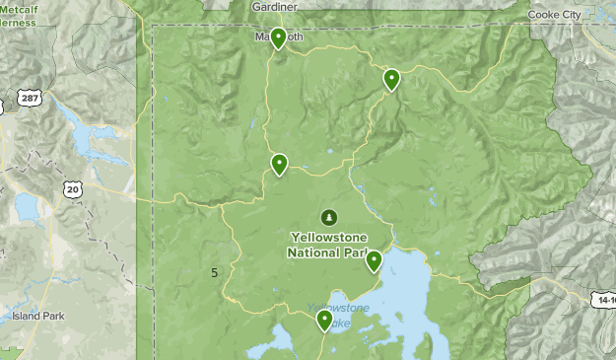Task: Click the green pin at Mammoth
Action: (x=279, y=38)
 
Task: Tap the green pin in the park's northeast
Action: (x=391, y=79)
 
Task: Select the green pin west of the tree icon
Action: (x=280, y=164)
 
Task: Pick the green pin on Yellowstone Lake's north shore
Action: (x=374, y=260)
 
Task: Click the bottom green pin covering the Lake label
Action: (x=323, y=319)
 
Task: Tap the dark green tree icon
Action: (x=327, y=217)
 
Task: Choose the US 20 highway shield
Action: (x=72, y=187)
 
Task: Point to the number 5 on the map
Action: (x=215, y=272)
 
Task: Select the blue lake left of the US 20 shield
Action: (x=26, y=207)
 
